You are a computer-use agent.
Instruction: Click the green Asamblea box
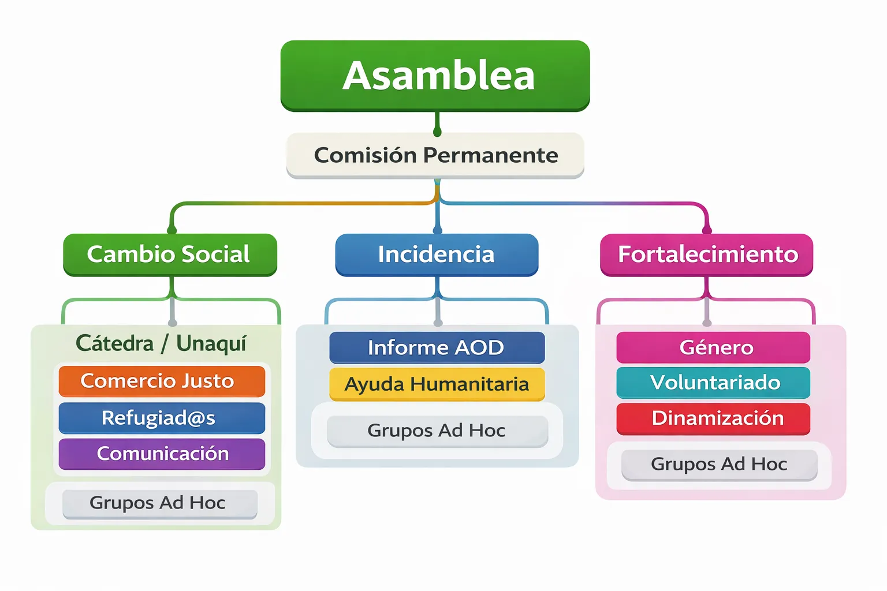(435, 76)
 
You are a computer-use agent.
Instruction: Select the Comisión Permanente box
(435, 155)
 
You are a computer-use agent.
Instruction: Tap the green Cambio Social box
(170, 255)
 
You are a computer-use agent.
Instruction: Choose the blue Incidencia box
(437, 255)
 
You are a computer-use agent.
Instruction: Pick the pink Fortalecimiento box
(707, 255)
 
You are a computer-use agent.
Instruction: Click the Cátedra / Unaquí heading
(161, 343)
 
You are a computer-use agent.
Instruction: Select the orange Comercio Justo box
(162, 381)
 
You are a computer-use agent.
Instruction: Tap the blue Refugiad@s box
(162, 418)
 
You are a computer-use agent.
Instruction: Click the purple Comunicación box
(162, 454)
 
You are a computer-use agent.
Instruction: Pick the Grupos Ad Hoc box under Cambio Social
(159, 503)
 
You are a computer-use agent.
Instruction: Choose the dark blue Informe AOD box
(437, 347)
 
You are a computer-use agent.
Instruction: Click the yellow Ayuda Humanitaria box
(437, 384)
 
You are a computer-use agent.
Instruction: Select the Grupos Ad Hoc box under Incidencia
(437, 431)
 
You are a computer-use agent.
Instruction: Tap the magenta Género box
(713, 347)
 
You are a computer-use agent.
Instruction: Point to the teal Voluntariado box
(713, 383)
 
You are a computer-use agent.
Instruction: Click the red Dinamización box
(713, 418)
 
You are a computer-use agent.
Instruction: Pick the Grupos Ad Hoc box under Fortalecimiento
(719, 465)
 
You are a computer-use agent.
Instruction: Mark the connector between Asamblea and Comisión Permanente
(437, 123)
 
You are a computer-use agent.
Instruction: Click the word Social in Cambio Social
(215, 255)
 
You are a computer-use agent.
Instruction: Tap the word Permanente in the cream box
(490, 155)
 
